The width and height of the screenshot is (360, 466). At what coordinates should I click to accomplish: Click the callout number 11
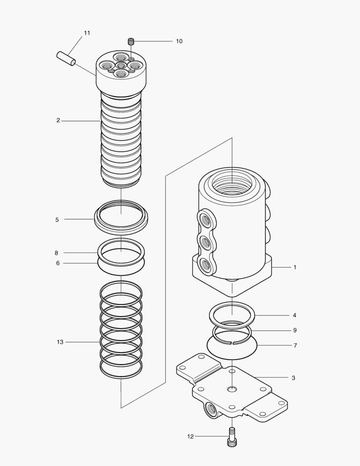87,33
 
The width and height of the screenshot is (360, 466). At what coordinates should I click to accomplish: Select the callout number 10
179,41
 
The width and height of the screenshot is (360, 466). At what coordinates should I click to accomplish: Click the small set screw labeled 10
131,42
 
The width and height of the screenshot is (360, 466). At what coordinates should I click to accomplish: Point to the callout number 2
58,121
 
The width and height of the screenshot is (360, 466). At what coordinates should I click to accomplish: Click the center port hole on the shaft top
121,65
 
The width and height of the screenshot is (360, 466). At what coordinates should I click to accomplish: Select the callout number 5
57,220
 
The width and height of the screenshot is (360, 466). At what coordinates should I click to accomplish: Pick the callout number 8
57,253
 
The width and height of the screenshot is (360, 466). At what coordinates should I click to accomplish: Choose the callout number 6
58,263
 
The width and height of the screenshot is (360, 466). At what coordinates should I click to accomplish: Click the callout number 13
60,342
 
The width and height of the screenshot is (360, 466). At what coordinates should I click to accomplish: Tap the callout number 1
295,268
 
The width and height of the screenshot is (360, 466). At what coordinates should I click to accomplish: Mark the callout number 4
294,315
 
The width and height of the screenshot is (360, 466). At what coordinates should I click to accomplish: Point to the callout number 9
294,331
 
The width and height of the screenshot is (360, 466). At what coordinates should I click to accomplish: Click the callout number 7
294,346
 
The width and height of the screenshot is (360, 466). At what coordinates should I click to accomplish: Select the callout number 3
293,378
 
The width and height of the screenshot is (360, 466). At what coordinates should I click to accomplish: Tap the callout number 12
191,437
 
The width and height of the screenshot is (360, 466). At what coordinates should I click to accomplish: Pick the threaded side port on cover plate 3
212,408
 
